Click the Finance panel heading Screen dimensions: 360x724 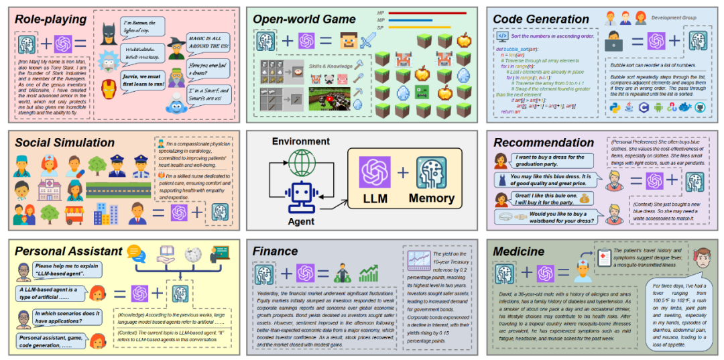click(275, 251)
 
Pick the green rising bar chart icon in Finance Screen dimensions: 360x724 click(369, 273)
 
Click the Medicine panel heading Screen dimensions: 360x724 click(520, 251)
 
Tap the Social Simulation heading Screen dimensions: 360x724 click(64, 142)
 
